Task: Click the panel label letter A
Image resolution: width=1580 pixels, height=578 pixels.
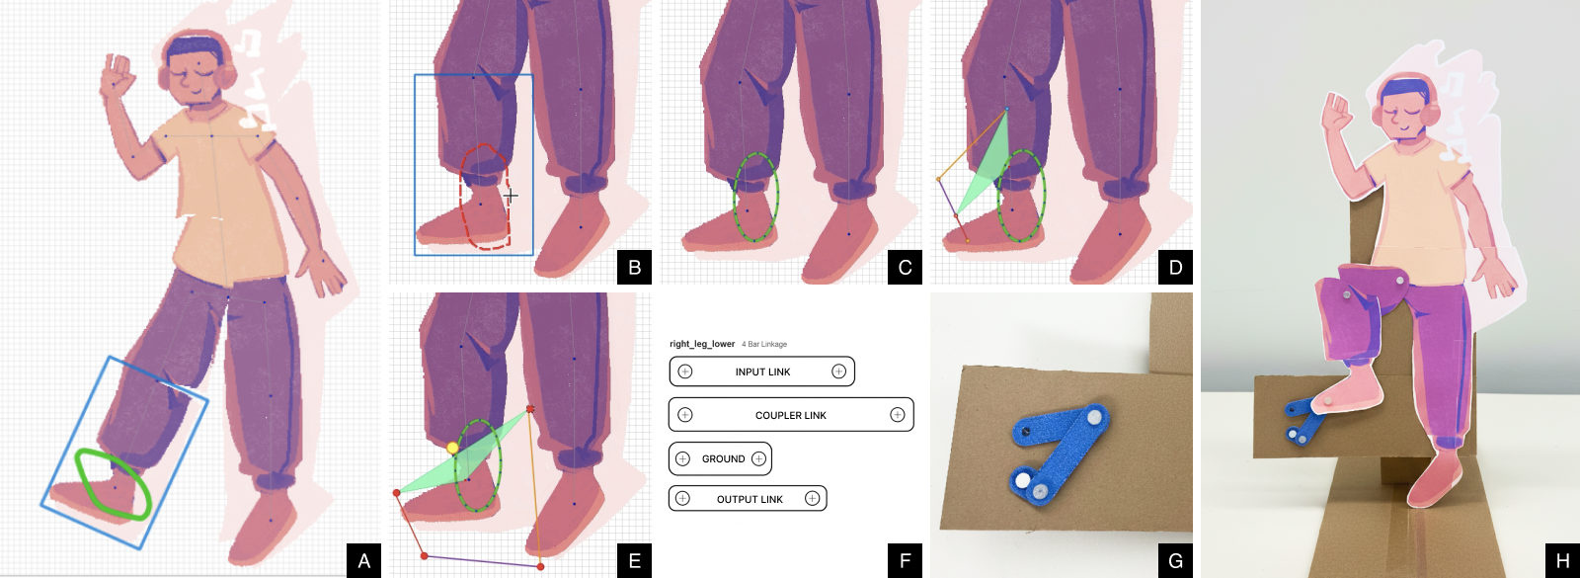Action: coord(363,560)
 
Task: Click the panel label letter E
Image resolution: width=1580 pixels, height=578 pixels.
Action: coord(634,560)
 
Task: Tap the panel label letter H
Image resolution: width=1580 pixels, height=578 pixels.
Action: coord(1562,560)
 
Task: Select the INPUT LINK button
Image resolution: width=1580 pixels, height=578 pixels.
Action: coord(761,372)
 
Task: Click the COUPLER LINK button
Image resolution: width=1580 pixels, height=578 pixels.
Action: coord(790,415)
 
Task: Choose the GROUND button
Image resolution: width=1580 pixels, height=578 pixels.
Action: coord(722,458)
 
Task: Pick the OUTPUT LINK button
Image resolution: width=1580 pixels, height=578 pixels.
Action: coord(749,499)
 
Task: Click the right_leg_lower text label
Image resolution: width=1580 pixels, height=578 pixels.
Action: coord(702,344)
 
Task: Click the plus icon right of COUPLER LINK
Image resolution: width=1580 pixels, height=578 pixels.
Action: coord(897,415)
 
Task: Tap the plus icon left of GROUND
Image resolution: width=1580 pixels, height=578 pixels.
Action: coord(682,458)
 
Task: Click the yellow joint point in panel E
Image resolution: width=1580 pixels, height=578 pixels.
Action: coord(452,448)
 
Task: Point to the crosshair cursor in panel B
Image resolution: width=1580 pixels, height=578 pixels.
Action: coord(511,196)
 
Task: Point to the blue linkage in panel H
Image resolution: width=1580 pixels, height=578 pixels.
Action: coord(1302,420)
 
